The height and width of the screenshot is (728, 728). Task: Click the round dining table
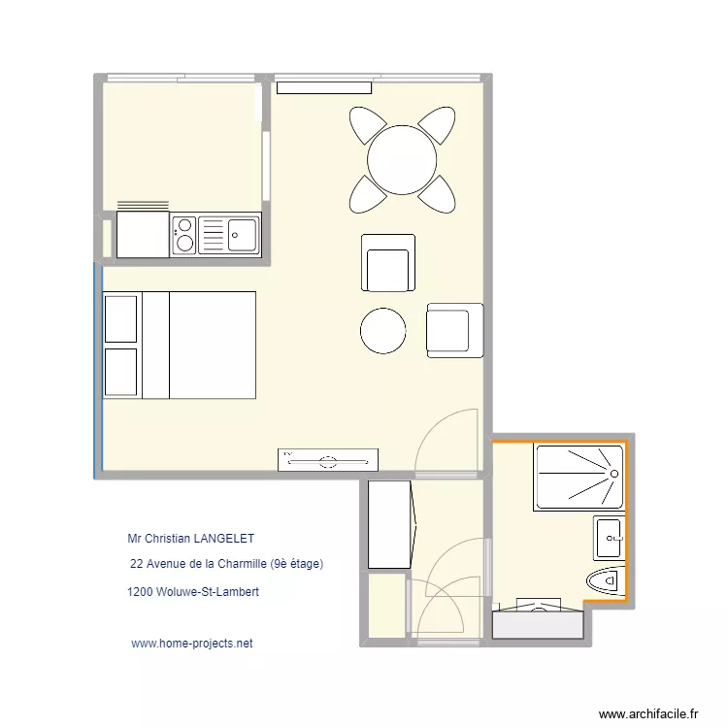[401, 160]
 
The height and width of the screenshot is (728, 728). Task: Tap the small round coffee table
[382, 331]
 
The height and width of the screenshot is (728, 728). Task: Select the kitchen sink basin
[242, 233]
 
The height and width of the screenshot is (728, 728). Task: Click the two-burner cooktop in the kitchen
[184, 234]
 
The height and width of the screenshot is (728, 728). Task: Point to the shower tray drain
[613, 473]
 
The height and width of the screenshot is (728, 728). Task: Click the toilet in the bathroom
[606, 580]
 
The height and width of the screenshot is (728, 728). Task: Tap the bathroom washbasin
[609, 537]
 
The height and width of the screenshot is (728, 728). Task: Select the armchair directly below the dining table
[388, 263]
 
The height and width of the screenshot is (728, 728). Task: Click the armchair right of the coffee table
[454, 330]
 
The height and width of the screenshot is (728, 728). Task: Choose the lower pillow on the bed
[120, 372]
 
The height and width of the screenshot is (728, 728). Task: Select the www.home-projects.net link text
[191, 643]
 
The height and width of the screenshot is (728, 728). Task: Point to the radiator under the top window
[324, 87]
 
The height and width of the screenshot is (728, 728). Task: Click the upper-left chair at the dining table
[368, 126]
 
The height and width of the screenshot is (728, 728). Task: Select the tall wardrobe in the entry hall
[390, 524]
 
